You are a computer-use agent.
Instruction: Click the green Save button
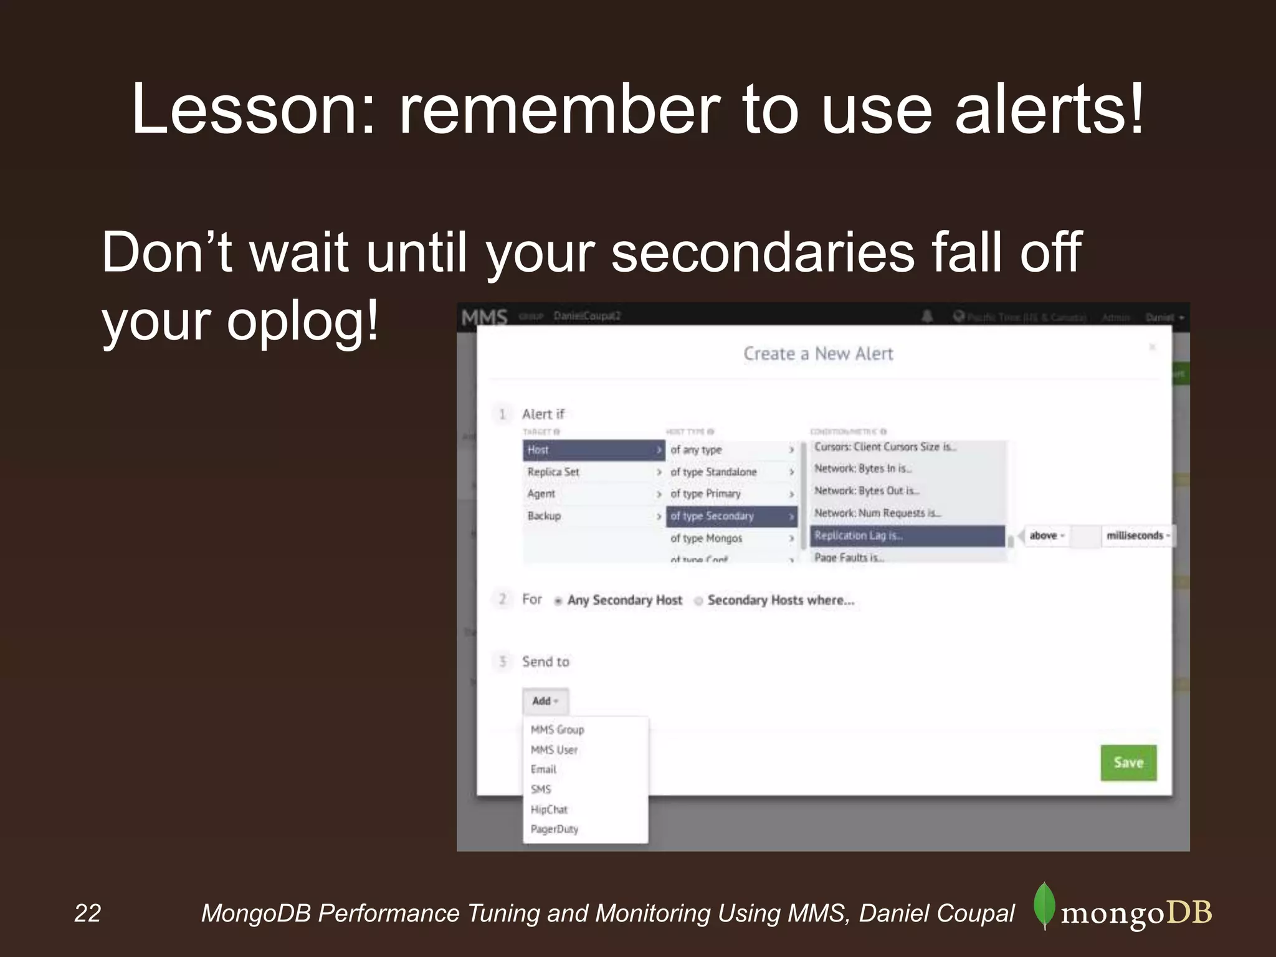click(x=1128, y=763)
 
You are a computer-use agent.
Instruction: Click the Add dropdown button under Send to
click(x=545, y=701)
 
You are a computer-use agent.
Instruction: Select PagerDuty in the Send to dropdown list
click(x=555, y=829)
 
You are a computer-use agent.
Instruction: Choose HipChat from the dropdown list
click(x=549, y=809)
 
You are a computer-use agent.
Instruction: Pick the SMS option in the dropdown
click(x=541, y=789)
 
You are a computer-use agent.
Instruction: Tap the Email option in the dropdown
click(x=543, y=769)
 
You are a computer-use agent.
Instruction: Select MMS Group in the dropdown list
click(x=557, y=730)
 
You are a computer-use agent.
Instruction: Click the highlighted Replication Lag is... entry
click(x=907, y=536)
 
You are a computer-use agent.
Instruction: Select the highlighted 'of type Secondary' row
click(x=731, y=516)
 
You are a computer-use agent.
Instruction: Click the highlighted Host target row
click(x=593, y=450)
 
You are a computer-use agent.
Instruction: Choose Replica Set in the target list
click(x=553, y=472)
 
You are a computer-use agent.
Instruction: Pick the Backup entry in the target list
click(x=544, y=516)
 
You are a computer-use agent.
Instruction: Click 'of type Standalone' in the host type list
click(x=713, y=472)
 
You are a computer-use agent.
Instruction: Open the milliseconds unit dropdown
click(x=1138, y=536)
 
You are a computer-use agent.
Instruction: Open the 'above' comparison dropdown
click(x=1046, y=536)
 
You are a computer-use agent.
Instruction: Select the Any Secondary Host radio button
click(x=558, y=601)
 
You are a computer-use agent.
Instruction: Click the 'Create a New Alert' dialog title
click(x=818, y=354)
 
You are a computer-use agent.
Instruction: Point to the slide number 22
click(x=87, y=913)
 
